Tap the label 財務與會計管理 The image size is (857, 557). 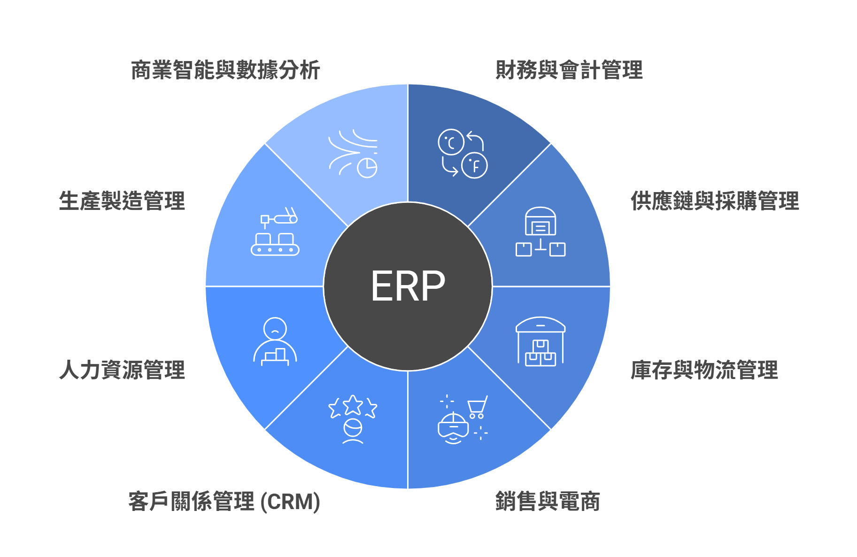(569, 70)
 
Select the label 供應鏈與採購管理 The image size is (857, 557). (714, 201)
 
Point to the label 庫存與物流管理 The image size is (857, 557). (704, 370)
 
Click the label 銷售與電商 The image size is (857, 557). (548, 501)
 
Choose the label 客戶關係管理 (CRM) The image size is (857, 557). (224, 501)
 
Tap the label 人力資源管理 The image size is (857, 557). (122, 370)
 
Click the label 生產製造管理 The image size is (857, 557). (122, 201)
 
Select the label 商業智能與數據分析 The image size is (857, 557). (225, 70)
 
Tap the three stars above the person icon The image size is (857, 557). (353, 406)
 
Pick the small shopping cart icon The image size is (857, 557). (477, 406)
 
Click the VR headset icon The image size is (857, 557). (453, 428)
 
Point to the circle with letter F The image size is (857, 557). (474, 165)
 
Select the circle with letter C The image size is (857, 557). (451, 142)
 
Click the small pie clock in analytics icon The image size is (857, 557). (367, 168)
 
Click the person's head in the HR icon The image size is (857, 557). (275, 328)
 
